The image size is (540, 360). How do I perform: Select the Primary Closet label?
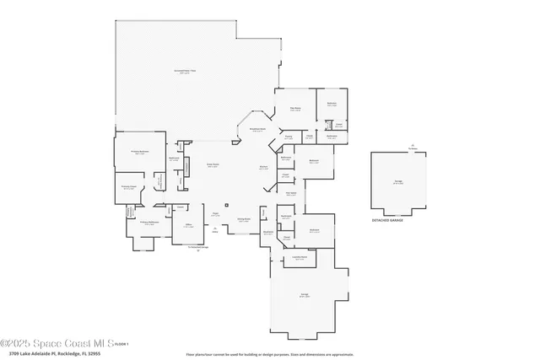pos(128,187)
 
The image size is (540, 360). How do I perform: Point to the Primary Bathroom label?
pos(148,223)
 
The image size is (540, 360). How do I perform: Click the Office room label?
pos(189,224)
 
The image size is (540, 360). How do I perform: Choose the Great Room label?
pos(214,165)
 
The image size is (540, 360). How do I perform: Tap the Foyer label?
pos(216,215)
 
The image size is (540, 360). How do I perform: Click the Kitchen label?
pos(263,168)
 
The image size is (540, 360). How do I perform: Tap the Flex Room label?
pos(296,108)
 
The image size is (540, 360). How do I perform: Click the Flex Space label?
pos(290,193)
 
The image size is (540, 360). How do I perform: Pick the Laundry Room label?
pos(299,258)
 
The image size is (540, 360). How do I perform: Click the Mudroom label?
pos(267,231)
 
